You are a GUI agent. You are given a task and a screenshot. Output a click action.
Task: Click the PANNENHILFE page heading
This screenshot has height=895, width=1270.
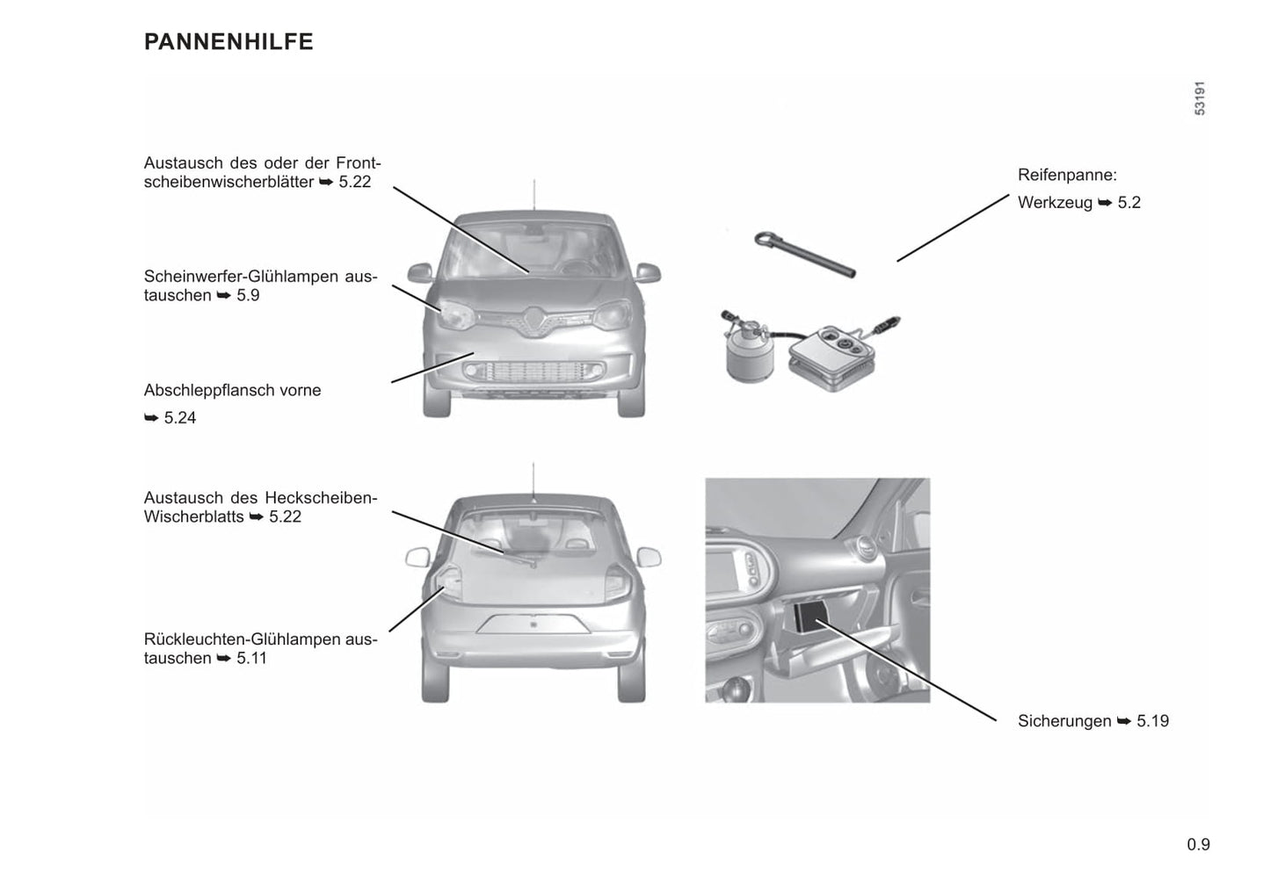pos(229,42)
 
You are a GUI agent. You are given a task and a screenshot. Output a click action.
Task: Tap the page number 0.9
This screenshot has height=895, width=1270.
pos(1198,844)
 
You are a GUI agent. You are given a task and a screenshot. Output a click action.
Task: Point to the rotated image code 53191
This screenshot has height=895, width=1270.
pos(1200,98)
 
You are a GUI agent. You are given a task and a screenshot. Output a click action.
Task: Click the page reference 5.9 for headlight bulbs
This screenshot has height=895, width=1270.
pos(249,295)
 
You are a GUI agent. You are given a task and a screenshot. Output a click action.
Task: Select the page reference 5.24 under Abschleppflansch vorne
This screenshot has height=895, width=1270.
pos(180,418)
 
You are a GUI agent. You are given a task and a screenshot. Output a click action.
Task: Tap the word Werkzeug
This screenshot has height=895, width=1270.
pos(1055,203)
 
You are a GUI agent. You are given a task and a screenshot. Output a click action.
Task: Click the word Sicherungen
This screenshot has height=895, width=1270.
pos(1064,721)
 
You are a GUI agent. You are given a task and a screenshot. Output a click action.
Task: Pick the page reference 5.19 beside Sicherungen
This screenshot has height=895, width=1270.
pos(1152,721)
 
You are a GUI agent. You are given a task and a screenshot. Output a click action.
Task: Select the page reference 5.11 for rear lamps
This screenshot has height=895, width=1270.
pos(251,658)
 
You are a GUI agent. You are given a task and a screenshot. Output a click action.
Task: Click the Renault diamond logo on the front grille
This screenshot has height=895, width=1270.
pos(533,321)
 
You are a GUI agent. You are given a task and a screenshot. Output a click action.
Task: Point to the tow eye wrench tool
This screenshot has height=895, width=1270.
pos(805,255)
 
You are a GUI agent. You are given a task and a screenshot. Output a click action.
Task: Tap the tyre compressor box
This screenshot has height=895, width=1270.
pos(831,358)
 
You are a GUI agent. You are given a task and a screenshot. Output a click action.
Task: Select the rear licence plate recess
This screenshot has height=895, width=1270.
pos(533,624)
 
